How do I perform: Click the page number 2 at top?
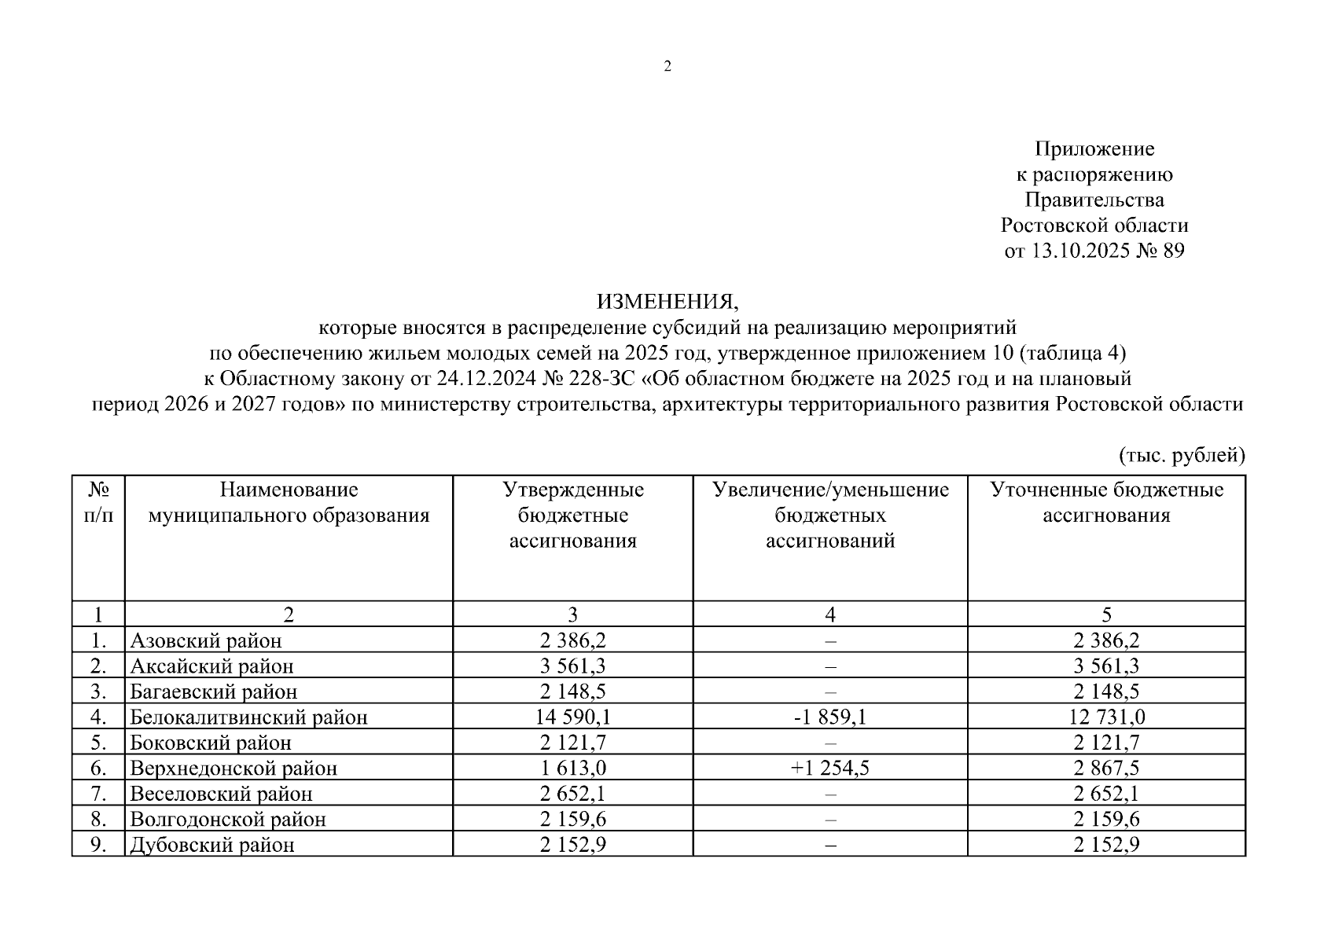667,67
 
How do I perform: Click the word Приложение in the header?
1094,149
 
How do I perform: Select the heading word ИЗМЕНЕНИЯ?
667,301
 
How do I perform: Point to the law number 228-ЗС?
600,378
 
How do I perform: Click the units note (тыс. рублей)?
1181,455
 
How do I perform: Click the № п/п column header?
98,503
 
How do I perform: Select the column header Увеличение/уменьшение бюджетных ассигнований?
830,515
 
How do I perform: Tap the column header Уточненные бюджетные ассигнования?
1106,502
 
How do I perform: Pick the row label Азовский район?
206,640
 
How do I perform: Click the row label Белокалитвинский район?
248,717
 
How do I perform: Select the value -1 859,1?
830,717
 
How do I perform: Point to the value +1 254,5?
830,768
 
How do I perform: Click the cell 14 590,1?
573,717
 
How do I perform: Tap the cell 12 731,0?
1106,717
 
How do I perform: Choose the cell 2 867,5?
1106,768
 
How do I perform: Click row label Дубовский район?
212,845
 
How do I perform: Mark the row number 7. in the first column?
98,794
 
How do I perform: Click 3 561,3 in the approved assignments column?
573,666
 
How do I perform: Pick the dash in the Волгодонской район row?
830,820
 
